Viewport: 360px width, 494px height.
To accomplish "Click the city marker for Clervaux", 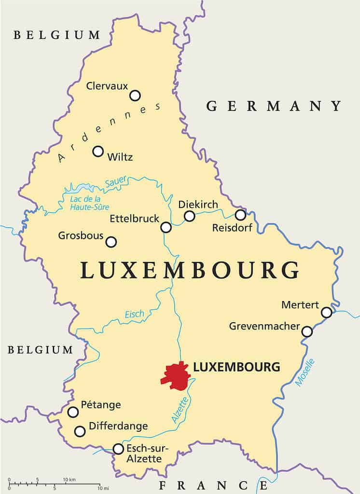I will (x=135, y=96).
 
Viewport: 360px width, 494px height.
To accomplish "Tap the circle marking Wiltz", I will (x=98, y=151).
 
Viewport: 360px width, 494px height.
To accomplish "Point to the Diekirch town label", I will (x=198, y=205).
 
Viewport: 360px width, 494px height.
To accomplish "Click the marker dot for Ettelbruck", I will (x=166, y=227).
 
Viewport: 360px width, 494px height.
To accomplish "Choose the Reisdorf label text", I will (x=232, y=228).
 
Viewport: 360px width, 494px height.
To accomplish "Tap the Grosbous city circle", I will (x=111, y=242).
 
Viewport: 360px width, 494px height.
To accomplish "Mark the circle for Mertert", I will (x=327, y=313).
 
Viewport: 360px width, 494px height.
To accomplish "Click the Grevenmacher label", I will (x=264, y=327).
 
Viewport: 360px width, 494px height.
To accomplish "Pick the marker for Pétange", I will (x=73, y=412).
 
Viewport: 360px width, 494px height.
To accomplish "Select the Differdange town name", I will (x=118, y=426).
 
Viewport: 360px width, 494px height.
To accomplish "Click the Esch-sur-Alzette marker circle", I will (x=118, y=449).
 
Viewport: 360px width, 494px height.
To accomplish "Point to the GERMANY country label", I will (x=274, y=106).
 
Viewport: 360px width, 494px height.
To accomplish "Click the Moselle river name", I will (x=305, y=372).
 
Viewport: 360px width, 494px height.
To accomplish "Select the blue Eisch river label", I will (x=134, y=315).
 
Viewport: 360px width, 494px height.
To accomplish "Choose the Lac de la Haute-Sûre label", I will (x=86, y=203).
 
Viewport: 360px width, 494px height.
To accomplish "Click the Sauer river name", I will (x=115, y=181).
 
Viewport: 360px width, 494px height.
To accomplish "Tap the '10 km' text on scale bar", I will (x=69, y=479).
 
